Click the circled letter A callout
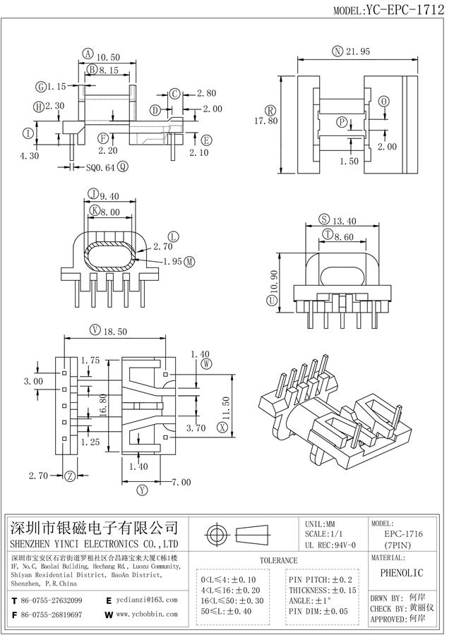[x=87, y=54]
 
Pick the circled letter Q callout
[x=122, y=167]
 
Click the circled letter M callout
[x=190, y=261]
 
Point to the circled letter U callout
[x=271, y=301]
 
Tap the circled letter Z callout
[x=70, y=476]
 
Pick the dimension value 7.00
[x=181, y=483]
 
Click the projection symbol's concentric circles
[x=216, y=533]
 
